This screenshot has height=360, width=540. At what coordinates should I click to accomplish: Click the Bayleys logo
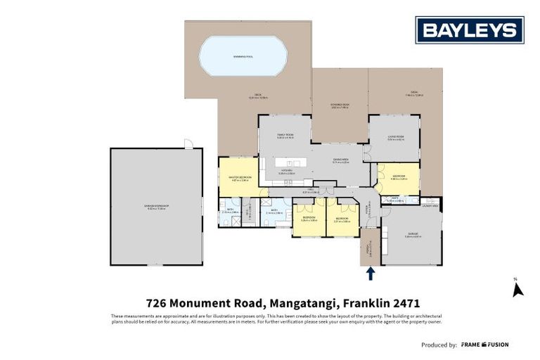(470, 30)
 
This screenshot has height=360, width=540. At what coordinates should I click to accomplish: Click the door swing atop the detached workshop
(188, 143)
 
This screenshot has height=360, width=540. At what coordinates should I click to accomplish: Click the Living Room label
(395, 138)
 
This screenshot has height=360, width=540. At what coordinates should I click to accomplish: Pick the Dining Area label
(341, 160)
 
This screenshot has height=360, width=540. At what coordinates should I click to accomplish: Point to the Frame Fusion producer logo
(484, 345)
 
